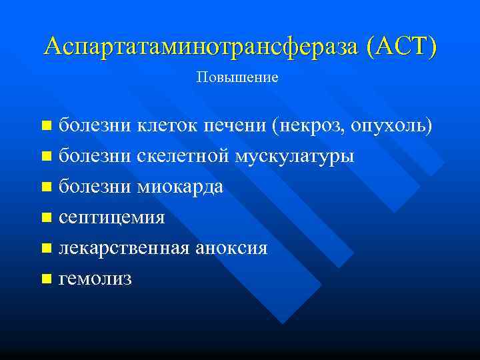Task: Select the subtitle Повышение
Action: point(237,78)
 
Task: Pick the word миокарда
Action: point(180,187)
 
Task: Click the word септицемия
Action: point(111,217)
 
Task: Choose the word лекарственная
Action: point(125,248)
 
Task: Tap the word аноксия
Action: point(231,248)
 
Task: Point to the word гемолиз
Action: point(95,279)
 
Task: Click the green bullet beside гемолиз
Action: point(45,279)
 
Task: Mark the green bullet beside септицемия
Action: point(45,217)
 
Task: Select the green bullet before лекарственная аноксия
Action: point(45,248)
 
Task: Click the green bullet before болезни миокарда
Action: point(45,187)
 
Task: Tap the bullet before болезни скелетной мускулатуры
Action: point(45,156)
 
